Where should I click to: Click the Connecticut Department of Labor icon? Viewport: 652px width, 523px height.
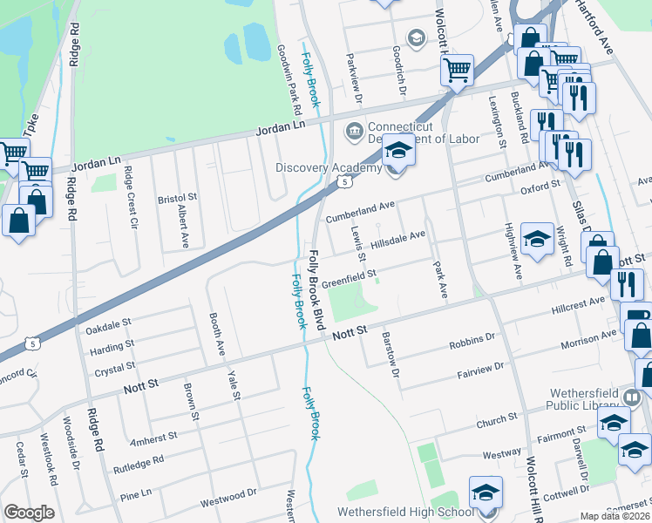pos(355,132)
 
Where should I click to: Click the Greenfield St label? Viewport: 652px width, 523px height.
pos(349,278)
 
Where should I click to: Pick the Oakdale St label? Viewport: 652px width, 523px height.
pos(109,327)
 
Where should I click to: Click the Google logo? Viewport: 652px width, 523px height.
pos(29,513)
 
